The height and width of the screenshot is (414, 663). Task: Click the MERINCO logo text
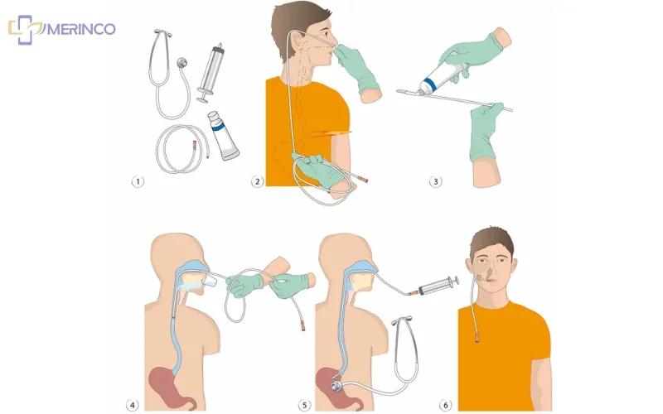(80, 29)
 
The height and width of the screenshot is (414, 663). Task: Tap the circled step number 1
(138, 181)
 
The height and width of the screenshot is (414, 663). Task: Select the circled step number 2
(258, 181)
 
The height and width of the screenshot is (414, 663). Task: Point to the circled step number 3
(436, 181)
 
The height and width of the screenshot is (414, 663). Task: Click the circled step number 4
(133, 405)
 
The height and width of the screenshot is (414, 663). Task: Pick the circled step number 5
(304, 405)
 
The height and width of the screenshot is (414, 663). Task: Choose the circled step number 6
(445, 405)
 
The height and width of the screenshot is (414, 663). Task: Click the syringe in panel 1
(211, 72)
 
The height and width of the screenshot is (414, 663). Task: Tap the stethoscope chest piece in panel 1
(182, 63)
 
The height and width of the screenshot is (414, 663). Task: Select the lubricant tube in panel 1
(223, 135)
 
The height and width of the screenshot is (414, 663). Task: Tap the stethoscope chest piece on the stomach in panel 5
(337, 386)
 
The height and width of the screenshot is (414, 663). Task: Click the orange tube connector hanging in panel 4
(302, 325)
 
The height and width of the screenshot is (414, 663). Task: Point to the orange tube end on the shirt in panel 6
(477, 336)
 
